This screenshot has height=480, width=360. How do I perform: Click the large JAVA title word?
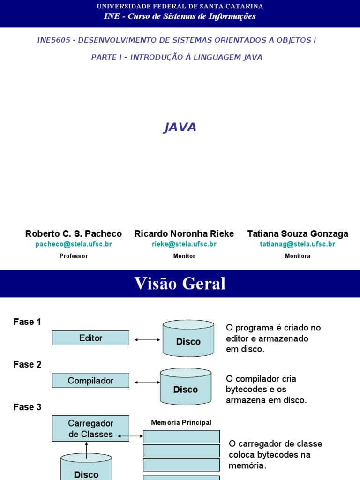(180, 127)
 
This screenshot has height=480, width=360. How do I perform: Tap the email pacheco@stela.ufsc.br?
(74, 244)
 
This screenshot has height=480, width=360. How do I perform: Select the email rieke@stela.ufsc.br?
(184, 244)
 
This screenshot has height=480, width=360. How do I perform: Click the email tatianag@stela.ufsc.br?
(298, 244)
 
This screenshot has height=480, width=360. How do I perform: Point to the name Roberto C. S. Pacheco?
(74, 233)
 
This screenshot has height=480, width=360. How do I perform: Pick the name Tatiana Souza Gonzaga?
(298, 233)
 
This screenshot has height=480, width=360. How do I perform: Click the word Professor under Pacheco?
(74, 256)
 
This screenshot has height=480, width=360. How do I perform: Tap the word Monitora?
(298, 256)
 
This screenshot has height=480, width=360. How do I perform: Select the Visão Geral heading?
(180, 284)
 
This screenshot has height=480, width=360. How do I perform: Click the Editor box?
(90, 338)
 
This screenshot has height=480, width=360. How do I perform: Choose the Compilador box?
(90, 380)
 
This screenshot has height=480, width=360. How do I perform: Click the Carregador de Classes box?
(90, 429)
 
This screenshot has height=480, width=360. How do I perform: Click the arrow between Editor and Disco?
(147, 339)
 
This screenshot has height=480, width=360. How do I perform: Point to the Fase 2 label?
(27, 365)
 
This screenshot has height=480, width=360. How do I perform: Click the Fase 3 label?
(27, 407)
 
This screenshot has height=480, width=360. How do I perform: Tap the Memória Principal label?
(181, 422)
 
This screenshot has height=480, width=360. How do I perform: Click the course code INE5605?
(53, 40)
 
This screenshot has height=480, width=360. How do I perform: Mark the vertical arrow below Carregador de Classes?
(87, 449)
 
